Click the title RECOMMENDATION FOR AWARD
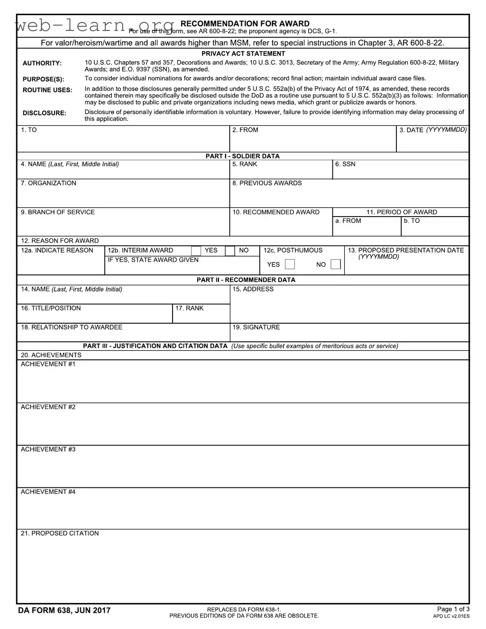pyautogui.click(x=245, y=23)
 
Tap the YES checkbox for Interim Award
pyautogui.click(x=196, y=251)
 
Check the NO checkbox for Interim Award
pyautogui.click(x=230, y=251)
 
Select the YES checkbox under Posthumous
pyautogui.click(x=290, y=264)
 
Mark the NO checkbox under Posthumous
pyautogui.click(x=336, y=264)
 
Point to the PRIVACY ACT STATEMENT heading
pyautogui.click(x=243, y=54)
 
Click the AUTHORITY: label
pyautogui.click(x=42, y=63)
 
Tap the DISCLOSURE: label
pyautogui.click(x=45, y=113)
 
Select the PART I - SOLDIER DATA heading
pyautogui.click(x=242, y=156)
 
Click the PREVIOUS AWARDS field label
pyautogui.click(x=266, y=183)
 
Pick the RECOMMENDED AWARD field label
pyautogui.click(x=275, y=212)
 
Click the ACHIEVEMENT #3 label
pyautogui.click(x=48, y=449)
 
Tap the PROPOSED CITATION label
pyautogui.click(x=59, y=533)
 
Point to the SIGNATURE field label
pyautogui.click(x=256, y=327)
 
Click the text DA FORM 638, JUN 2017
pyautogui.click(x=64, y=610)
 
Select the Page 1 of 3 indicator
pyautogui.click(x=453, y=609)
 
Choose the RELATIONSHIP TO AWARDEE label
pyautogui.click(x=71, y=327)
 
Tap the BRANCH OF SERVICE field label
pyautogui.click(x=57, y=212)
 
